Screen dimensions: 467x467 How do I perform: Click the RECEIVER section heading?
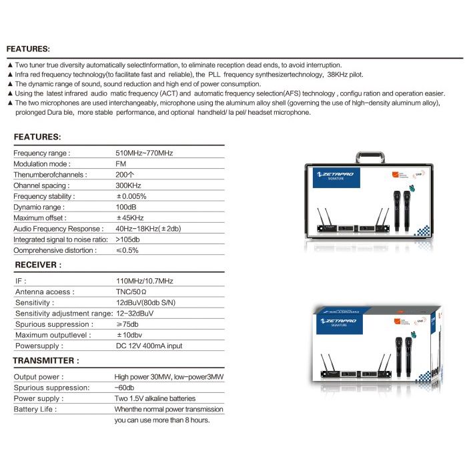(38, 265)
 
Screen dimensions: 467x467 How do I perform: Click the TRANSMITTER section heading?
(46, 360)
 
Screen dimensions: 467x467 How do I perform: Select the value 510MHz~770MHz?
(144, 153)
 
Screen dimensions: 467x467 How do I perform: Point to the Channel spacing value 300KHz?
(128, 185)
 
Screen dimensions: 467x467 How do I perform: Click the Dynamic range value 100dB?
(127, 207)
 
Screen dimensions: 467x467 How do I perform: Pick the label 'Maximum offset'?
(41, 218)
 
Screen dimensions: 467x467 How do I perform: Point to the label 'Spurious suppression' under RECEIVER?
(53, 324)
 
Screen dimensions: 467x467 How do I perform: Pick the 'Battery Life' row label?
(36, 409)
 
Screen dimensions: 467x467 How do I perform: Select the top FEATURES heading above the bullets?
(28, 49)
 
